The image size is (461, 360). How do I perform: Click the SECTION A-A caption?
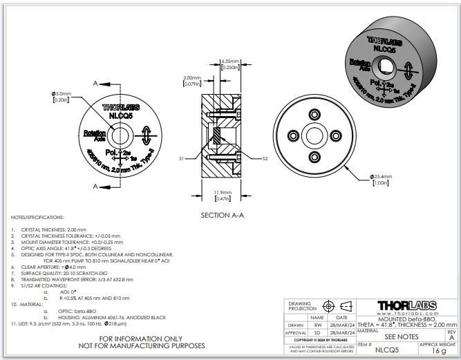[x=223, y=215]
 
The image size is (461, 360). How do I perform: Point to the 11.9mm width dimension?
[x=221, y=193]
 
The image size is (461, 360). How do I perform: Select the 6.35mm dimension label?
[x=230, y=61]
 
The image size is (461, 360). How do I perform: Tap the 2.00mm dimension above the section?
[x=191, y=78]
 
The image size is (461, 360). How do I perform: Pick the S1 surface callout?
[x=181, y=158]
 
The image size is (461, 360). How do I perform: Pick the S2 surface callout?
[x=265, y=158]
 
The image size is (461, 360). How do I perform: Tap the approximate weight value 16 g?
[x=438, y=351]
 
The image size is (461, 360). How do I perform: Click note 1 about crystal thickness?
[x=48, y=229]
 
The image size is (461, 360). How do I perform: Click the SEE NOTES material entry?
[x=400, y=336]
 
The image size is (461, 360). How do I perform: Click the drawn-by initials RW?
[x=318, y=324]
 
